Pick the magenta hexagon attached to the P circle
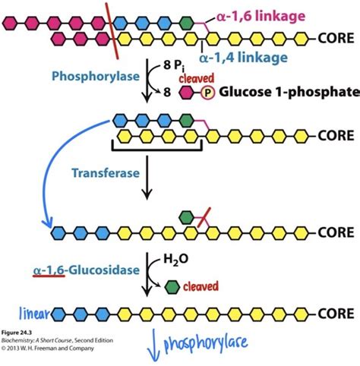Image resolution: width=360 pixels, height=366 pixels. click(x=187, y=93)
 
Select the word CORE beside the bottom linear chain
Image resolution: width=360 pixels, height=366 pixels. click(x=333, y=313)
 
